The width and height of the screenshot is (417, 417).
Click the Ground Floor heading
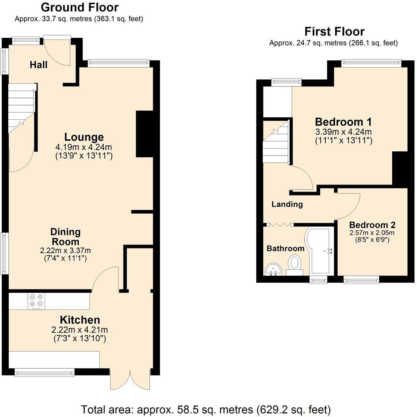79,7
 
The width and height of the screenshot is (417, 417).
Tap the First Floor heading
334,31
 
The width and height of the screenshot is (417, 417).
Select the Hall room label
39,65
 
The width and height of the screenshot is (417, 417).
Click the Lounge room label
84,137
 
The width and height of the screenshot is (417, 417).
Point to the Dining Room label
65,237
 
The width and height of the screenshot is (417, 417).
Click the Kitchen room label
80,319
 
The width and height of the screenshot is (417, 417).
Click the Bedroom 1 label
343,121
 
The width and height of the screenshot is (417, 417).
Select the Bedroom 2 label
372,225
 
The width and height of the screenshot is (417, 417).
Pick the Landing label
287,204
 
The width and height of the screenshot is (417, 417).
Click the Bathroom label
285,248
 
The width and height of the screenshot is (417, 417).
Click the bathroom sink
272,270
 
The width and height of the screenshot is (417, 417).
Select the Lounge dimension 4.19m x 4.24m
84,147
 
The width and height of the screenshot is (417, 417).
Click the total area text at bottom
206,409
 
